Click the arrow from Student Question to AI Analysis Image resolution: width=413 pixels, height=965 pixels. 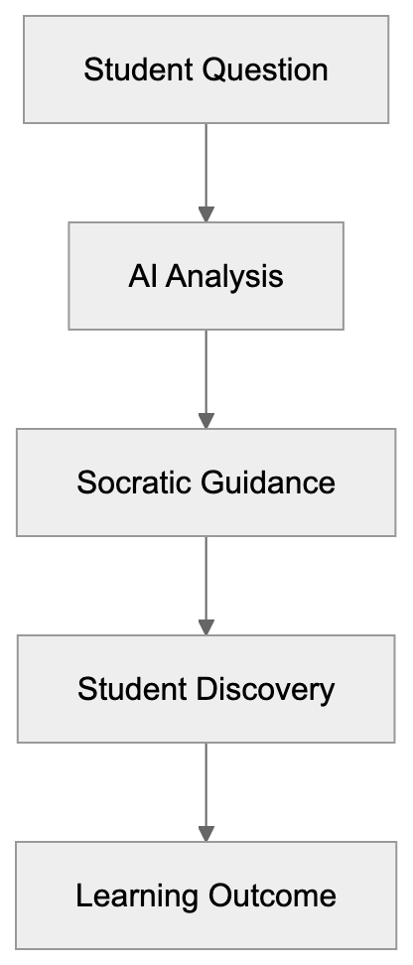[206, 169]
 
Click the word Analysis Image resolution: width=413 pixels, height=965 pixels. [224, 276]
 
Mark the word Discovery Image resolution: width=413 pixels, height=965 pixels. [269, 689]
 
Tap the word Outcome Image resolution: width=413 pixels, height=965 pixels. [274, 896]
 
